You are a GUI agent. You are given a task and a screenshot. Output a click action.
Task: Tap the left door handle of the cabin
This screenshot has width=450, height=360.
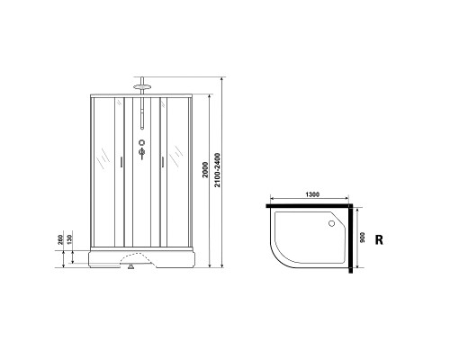(x=121, y=163)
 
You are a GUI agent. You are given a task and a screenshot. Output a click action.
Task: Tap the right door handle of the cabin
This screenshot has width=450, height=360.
(x=160, y=163)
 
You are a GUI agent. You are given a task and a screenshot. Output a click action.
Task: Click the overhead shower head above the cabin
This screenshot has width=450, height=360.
(x=140, y=87)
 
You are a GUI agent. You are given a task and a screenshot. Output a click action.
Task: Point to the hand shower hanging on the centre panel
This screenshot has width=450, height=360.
(x=140, y=117)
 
